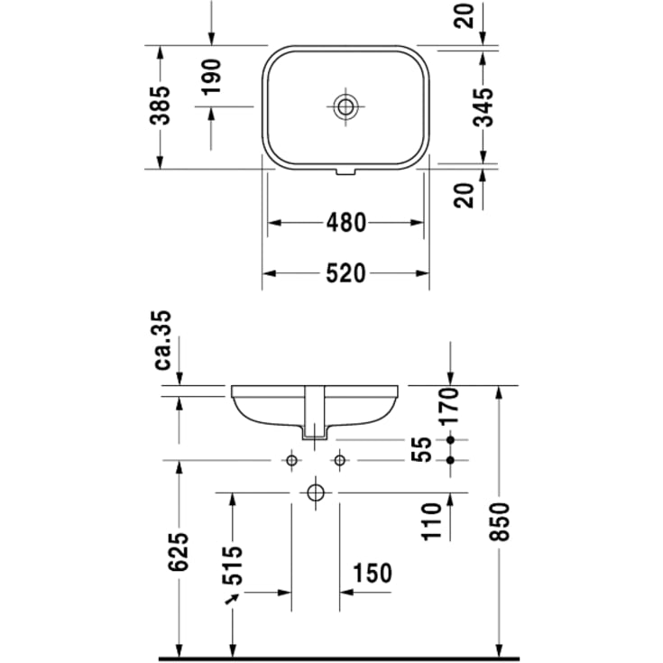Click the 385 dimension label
[160, 106]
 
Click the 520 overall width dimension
[345, 272]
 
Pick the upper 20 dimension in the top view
[465, 15]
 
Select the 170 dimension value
[451, 406]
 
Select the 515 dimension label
[232, 566]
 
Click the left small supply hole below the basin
[291, 460]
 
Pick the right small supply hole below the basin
[340, 460]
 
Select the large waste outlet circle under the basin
[316, 493]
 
